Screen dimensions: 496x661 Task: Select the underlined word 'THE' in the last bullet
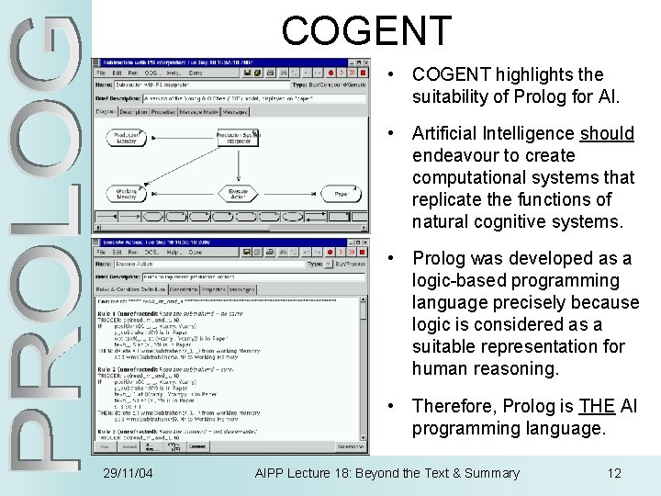597,406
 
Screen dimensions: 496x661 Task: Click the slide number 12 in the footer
614,473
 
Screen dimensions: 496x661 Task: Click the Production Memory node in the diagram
126,138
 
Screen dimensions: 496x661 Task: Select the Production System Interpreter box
238,138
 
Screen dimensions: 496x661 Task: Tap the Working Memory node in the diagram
126,194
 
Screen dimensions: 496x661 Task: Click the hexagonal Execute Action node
238,194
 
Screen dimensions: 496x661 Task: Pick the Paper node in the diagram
340,194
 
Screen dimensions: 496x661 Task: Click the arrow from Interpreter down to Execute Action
238,166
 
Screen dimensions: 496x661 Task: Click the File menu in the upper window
103,73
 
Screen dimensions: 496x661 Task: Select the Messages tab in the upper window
235,112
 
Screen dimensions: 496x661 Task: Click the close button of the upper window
364,72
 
